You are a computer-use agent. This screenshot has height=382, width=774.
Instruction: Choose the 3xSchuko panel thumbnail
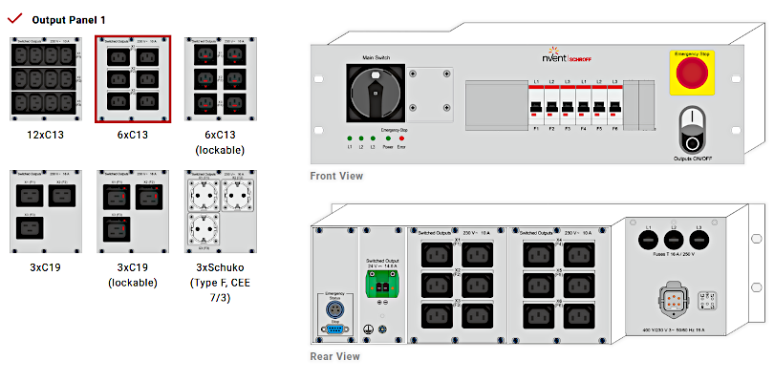tap(220, 212)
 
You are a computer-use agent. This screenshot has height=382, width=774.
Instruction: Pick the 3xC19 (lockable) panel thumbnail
tap(133, 212)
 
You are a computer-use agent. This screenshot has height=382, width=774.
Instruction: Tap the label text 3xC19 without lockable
tap(46, 267)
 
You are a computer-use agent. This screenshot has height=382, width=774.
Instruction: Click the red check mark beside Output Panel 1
tap(13, 18)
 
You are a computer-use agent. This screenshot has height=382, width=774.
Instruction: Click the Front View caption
tap(336, 176)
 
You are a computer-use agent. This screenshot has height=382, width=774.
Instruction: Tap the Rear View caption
tap(335, 356)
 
